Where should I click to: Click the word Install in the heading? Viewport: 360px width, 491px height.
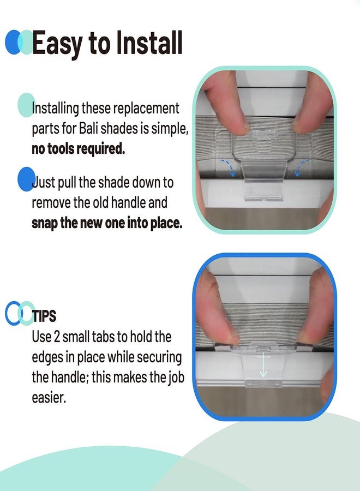coord(149,43)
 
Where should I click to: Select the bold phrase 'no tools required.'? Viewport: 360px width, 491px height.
coord(78,149)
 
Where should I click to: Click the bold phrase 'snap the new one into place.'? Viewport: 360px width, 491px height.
coord(107,223)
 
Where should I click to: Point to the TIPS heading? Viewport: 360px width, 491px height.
coord(44,316)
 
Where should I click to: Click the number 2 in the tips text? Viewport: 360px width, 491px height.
coord(57,337)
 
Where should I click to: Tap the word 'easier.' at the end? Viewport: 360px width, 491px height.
coord(49,398)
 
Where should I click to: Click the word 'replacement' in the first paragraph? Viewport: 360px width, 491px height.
coord(146,109)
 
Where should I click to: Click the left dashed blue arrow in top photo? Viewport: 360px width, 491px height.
coord(229,168)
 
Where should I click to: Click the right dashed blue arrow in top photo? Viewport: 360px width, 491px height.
coord(301,168)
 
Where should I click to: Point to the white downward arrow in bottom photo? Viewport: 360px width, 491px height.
coord(263,364)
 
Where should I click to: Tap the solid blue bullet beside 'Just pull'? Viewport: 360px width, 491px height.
coord(26,179)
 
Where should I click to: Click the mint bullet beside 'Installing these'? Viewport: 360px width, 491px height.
coord(26,105)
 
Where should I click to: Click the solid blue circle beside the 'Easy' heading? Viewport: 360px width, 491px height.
coord(12,42)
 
